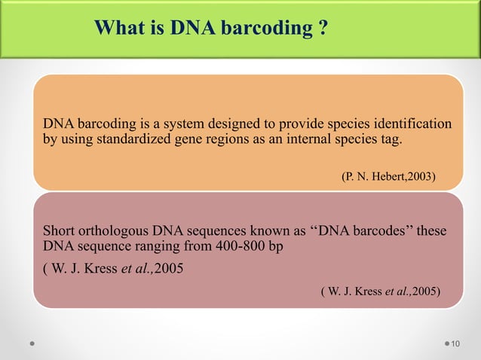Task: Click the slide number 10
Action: tap(455, 344)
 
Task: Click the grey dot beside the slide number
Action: tap(442, 344)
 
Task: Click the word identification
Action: tap(411, 124)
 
